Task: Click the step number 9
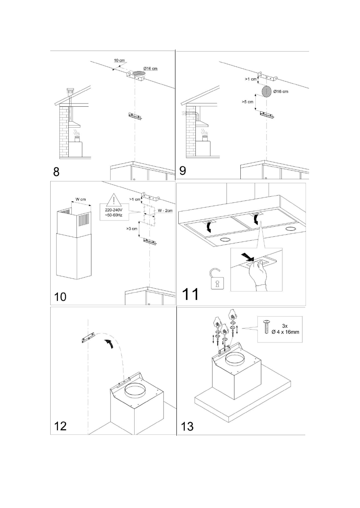[182, 171]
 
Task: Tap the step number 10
[60, 297]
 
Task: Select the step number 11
[191, 294]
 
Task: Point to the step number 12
[60, 426]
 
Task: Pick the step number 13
[187, 426]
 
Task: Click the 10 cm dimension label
[119, 61]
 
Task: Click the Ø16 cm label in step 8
[150, 68]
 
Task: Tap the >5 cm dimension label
[248, 102]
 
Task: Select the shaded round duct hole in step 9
[267, 91]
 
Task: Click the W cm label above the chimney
[81, 199]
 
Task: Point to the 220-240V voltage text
[113, 210]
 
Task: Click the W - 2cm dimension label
[165, 211]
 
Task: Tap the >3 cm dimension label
[132, 229]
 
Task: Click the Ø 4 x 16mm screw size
[285, 332]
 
